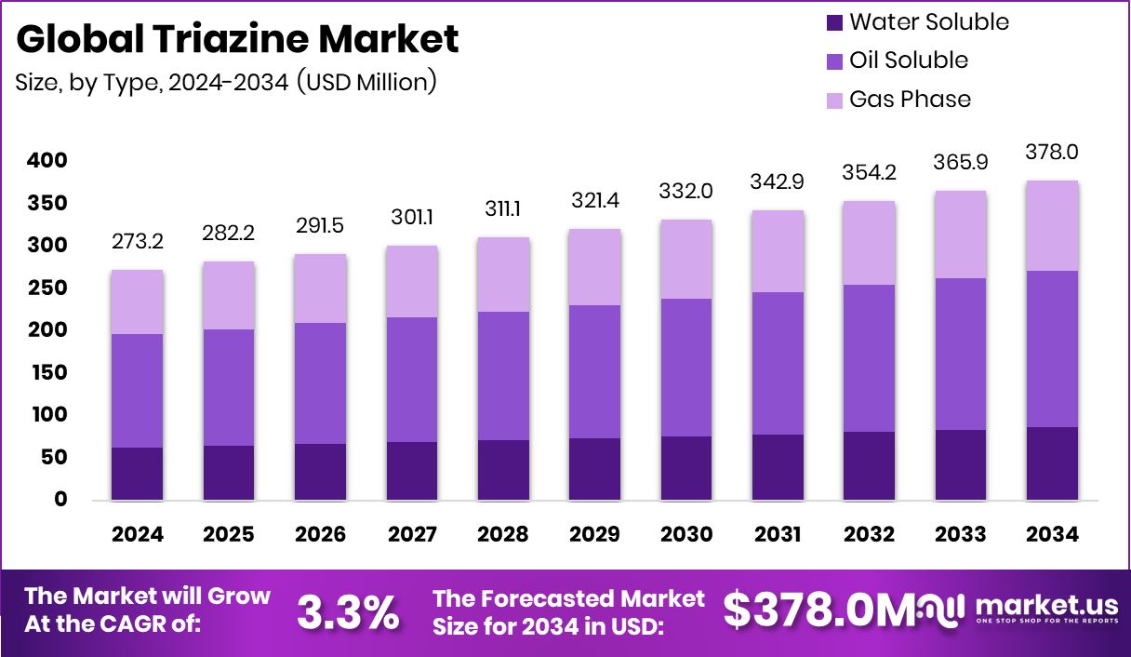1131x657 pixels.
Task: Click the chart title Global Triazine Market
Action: [x=237, y=39]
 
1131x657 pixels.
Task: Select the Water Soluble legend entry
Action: [x=928, y=21]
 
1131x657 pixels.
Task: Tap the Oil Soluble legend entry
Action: [x=908, y=60]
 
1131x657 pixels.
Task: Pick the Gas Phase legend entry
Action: [x=910, y=100]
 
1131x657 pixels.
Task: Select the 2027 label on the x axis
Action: [x=413, y=535]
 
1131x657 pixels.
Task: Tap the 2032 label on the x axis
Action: [x=871, y=535]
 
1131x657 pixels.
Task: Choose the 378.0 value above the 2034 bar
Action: [x=1053, y=152]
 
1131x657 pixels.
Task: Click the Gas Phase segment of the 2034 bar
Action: [x=1053, y=226]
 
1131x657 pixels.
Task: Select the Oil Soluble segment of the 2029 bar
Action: [x=595, y=371]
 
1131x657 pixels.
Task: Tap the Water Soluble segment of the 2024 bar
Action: [x=138, y=474]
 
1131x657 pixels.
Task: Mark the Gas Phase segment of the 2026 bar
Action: [x=321, y=288]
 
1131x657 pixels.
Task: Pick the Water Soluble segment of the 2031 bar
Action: [x=778, y=467]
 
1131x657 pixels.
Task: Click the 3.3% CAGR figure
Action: [x=348, y=611]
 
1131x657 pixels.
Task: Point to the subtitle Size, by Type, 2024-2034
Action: [x=226, y=82]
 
